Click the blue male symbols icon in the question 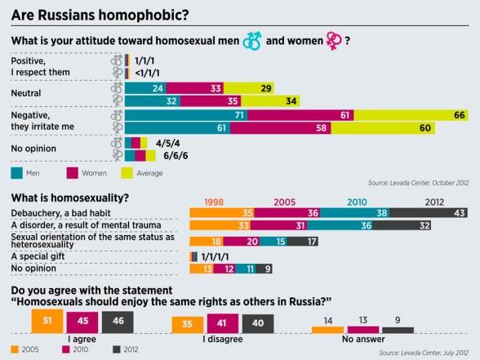point(251,40)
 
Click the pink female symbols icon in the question point(334,40)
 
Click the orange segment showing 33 point(220,226)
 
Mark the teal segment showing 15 point(280,241)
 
